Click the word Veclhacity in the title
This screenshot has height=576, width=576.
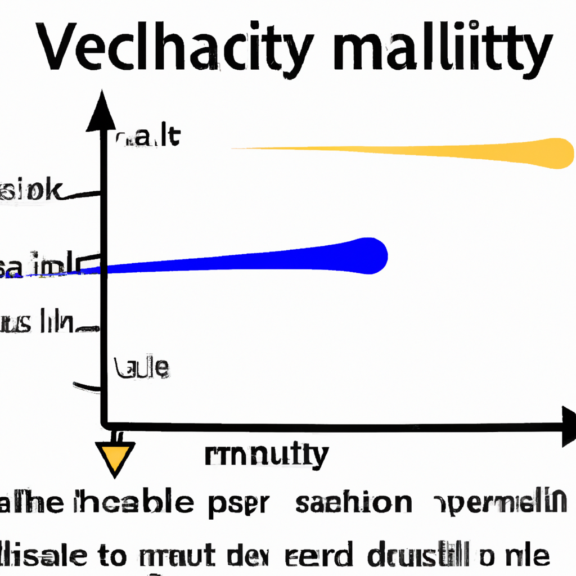(174, 48)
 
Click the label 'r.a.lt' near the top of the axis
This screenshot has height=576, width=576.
(148, 137)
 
